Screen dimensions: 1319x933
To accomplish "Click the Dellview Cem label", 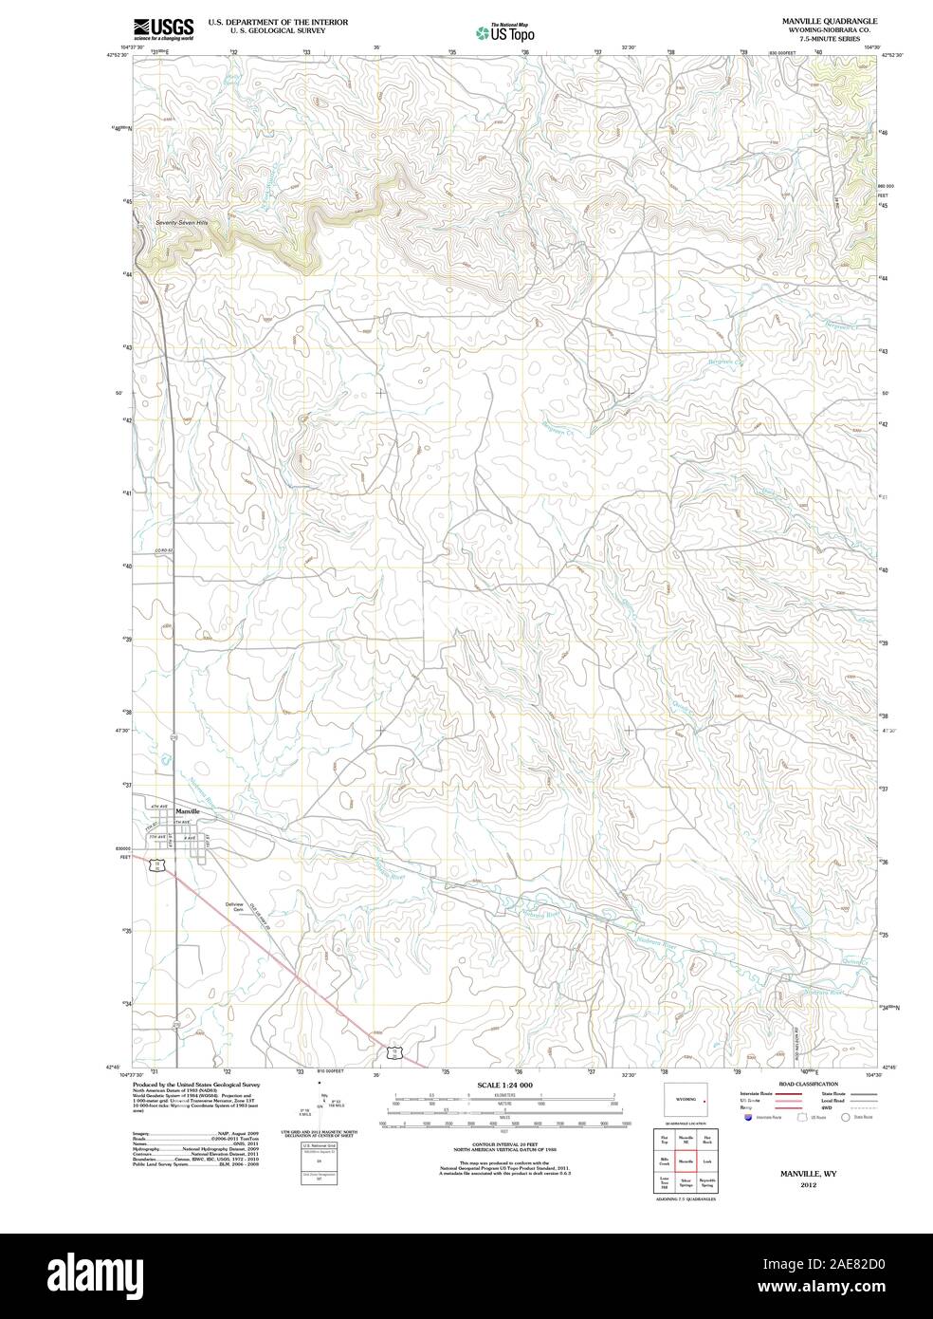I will tap(234, 906).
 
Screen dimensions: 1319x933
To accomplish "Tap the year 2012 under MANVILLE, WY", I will tap(808, 1185).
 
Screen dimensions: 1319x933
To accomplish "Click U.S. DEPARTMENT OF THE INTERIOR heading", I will tap(265, 21).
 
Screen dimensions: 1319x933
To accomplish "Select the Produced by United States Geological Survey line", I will tap(195, 1084).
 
